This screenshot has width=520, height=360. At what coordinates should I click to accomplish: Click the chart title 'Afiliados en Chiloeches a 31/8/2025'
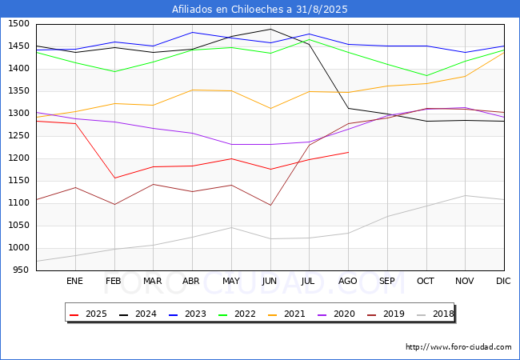[260, 10]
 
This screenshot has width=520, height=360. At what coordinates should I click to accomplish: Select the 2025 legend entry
[88, 314]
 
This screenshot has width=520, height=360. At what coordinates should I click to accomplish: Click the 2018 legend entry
[435, 314]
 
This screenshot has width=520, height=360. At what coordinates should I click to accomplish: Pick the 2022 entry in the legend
[237, 314]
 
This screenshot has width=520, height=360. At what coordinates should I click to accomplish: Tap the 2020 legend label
[344, 314]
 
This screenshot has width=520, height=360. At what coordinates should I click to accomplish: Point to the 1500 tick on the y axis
[19, 24]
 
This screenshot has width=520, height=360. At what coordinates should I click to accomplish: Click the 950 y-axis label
[22, 270]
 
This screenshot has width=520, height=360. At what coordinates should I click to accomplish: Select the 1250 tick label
[19, 135]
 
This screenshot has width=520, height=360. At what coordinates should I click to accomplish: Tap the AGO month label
[347, 281]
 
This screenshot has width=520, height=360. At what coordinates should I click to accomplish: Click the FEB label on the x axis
[114, 281]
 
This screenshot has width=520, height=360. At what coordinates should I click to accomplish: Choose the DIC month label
[503, 281]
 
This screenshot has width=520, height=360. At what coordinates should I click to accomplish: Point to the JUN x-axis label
[270, 281]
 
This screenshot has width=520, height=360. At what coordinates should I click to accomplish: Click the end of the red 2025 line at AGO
[349, 152]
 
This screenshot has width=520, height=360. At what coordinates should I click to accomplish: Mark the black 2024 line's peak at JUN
[270, 29]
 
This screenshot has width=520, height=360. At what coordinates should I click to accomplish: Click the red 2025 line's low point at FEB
[114, 178]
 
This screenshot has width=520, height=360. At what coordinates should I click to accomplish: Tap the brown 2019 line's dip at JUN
[270, 205]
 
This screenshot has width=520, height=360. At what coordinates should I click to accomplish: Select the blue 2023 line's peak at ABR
[192, 32]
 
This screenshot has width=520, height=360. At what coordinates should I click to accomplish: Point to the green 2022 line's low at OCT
[426, 75]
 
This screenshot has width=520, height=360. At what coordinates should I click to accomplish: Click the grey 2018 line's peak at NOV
[466, 195]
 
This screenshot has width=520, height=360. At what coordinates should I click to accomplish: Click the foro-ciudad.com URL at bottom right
[458, 347]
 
